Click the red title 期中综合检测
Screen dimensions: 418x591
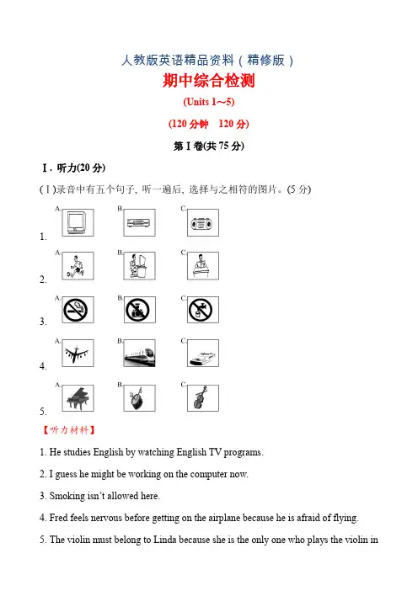point(209,81)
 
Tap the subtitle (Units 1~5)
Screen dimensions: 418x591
point(209,102)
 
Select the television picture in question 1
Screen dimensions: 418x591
point(78,223)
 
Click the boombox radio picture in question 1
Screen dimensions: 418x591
point(203,223)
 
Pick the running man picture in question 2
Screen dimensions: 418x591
point(78,266)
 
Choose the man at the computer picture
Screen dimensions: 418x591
point(139,266)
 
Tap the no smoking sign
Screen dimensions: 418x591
point(78,310)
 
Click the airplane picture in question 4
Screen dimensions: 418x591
point(78,354)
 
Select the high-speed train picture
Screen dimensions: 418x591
point(139,354)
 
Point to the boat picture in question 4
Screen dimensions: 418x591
point(203,354)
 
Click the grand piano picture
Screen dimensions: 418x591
point(78,398)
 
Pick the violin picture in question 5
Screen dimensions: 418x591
point(203,398)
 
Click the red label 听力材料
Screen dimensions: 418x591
point(68,430)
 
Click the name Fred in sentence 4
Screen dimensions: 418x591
point(58,518)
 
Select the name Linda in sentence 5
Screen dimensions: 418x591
point(165,540)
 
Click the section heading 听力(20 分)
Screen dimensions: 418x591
point(81,168)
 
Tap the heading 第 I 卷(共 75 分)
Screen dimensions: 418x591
point(209,146)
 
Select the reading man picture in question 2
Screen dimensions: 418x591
point(203,266)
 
